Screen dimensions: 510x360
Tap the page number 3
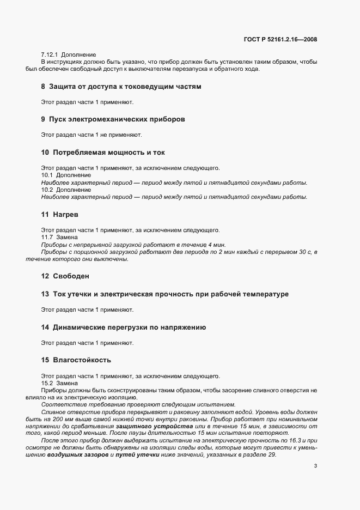click(x=316, y=450)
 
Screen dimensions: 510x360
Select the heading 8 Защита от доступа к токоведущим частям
click(x=121, y=87)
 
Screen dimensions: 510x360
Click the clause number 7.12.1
click(x=50, y=55)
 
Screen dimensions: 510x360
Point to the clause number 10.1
click(x=47, y=175)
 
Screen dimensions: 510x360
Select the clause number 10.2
click(x=47, y=190)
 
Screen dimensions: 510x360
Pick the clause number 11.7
click(x=47, y=238)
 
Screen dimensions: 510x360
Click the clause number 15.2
click(x=47, y=383)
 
